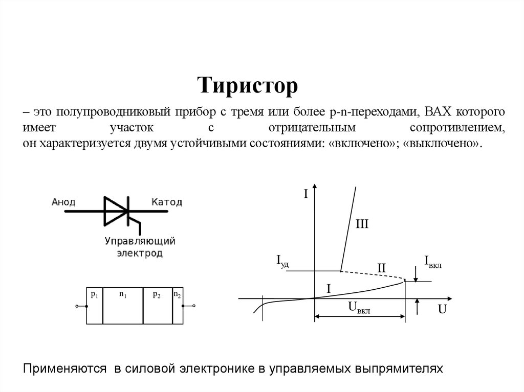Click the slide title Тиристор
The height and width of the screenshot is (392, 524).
pyautogui.click(x=248, y=86)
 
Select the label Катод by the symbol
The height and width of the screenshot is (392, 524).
pyautogui.click(x=166, y=202)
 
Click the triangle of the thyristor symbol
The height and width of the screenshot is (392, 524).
pyautogui.click(x=115, y=210)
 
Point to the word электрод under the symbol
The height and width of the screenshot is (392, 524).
pyautogui.click(x=140, y=253)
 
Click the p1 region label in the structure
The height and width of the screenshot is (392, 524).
pyautogui.click(x=95, y=294)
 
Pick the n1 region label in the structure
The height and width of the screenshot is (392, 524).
pyautogui.click(x=123, y=294)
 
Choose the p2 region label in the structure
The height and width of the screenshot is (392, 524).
pyautogui.click(x=157, y=294)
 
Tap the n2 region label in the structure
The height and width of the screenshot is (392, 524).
pyautogui.click(x=178, y=294)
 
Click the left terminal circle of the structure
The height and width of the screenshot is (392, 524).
pyautogui.click(x=77, y=306)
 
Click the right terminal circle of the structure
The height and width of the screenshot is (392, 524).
pyautogui.click(x=194, y=306)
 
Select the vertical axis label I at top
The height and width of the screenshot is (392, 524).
pyautogui.click(x=305, y=195)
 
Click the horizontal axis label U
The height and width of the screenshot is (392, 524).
pyautogui.click(x=442, y=310)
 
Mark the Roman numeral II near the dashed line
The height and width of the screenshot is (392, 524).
pyautogui.click(x=381, y=267)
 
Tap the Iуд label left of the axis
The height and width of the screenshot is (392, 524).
pyautogui.click(x=283, y=261)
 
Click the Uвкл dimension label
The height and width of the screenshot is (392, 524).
pyautogui.click(x=359, y=307)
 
